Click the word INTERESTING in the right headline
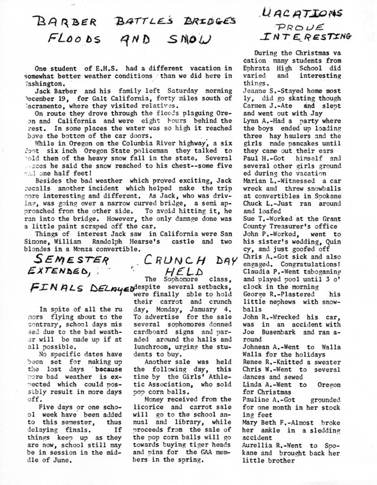[317, 37]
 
